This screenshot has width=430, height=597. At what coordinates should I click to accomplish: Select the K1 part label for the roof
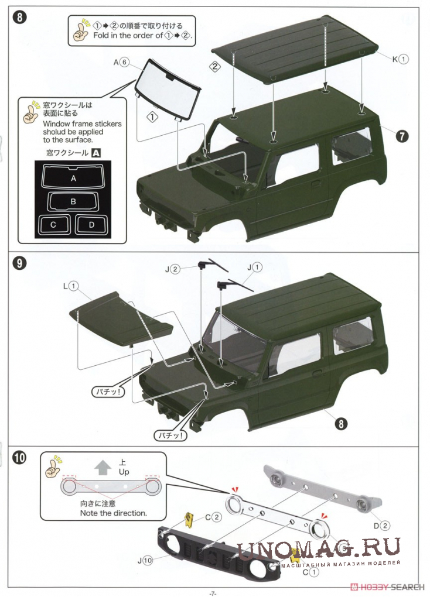(400, 59)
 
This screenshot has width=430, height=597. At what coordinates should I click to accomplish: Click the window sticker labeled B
(73, 201)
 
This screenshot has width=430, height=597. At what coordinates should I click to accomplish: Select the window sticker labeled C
(53, 224)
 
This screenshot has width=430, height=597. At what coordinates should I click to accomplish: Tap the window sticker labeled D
(91, 224)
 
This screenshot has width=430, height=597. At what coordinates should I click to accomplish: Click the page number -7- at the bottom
(213, 592)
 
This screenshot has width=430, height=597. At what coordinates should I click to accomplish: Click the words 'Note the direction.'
(113, 513)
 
